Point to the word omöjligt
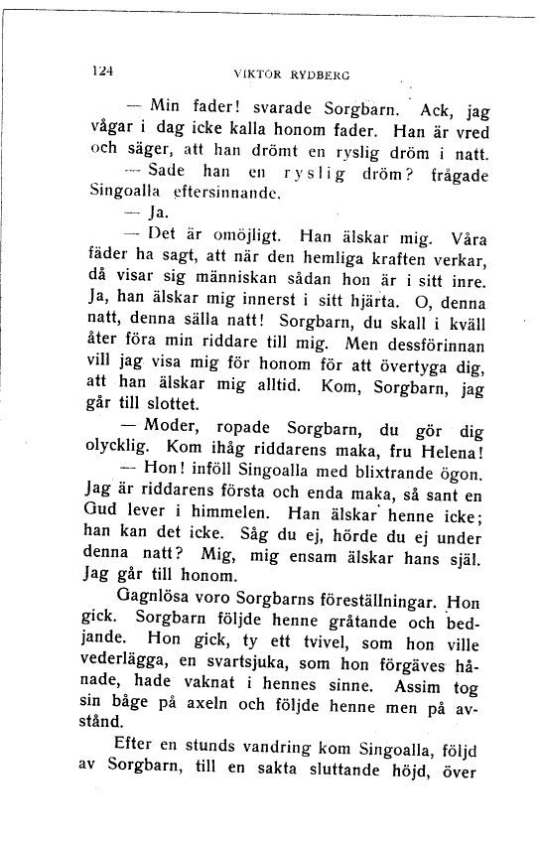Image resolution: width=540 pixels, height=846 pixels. pyautogui.click(x=229, y=237)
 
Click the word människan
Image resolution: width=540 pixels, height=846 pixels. pyautogui.click(x=242, y=281)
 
